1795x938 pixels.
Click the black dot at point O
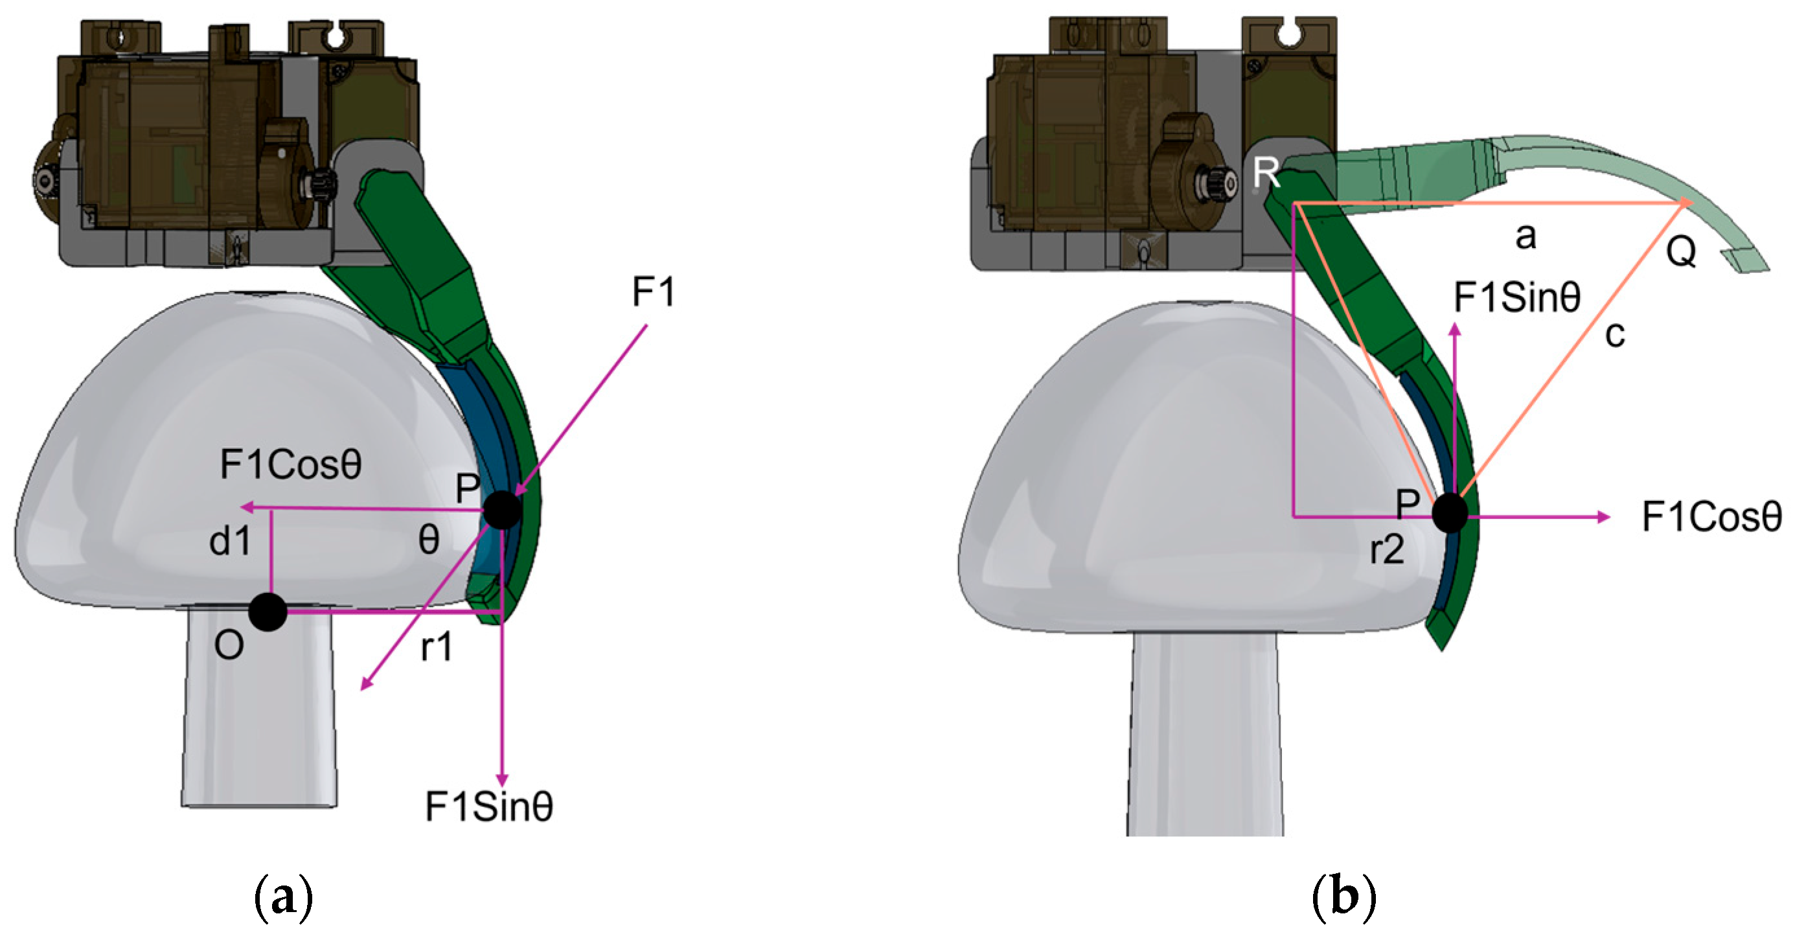[268, 613]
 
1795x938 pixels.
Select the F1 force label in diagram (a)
[653, 292]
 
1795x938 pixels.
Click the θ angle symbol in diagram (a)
[429, 540]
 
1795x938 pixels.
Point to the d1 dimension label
[230, 542]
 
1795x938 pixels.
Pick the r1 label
[437, 648]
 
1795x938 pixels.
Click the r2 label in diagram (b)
[1387, 551]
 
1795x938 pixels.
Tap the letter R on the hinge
[1266, 172]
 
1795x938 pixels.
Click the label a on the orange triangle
[1526, 237]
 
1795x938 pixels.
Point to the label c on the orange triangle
[1614, 334]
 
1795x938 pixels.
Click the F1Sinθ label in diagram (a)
[489, 807]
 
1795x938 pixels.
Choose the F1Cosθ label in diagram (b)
[1711, 517]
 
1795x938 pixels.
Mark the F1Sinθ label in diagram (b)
[1516, 298]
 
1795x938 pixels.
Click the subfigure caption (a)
[283, 900]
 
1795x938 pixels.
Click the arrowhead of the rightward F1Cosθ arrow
[1604, 516]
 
